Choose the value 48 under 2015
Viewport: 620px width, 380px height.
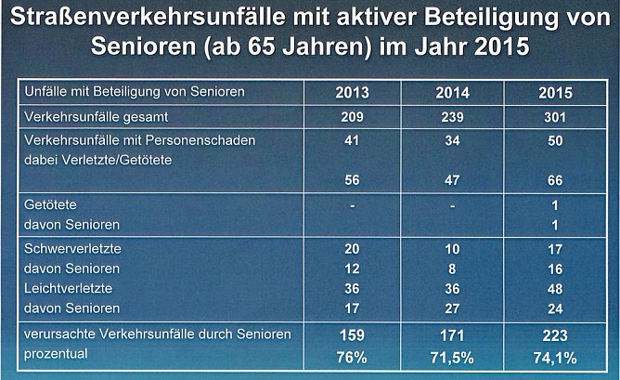click(554, 288)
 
